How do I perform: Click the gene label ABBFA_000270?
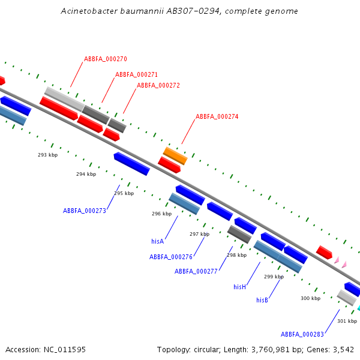point(105,59)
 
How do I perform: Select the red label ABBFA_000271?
point(136,74)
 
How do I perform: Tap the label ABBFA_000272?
point(158,85)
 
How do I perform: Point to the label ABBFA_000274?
point(217,116)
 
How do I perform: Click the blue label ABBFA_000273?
point(85,211)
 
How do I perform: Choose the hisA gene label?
point(158,241)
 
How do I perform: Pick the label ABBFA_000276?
point(171,257)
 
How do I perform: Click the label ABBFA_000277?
point(196,271)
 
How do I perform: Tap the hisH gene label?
point(240,287)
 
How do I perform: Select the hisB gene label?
point(262,300)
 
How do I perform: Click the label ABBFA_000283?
point(302,334)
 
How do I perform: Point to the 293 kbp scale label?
point(48,155)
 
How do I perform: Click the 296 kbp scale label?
point(161,214)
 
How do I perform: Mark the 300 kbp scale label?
point(310,298)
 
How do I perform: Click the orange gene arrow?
point(175,155)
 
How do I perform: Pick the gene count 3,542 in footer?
point(343,349)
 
